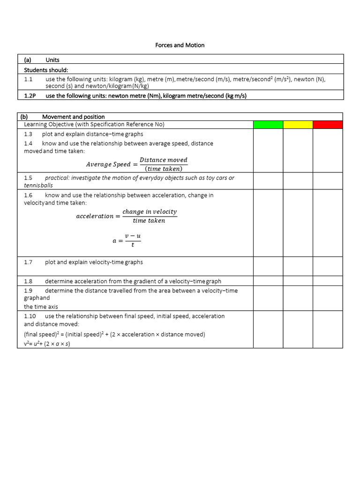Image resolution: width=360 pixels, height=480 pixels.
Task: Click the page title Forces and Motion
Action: coord(180,45)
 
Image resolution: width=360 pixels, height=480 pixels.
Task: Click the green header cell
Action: coord(268,124)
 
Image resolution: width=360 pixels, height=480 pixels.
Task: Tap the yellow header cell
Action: coord(298,124)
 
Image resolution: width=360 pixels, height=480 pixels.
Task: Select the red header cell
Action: coord(328,124)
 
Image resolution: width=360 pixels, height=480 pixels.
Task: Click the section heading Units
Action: coord(52,60)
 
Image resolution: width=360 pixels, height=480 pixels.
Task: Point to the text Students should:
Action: coord(46,70)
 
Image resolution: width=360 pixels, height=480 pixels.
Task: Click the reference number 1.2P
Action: coord(30,96)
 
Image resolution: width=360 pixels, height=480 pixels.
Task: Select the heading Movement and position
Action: coord(73,117)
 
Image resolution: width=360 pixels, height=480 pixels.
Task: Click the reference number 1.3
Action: coord(28,134)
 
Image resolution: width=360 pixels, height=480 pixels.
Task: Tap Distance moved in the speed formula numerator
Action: coord(163,160)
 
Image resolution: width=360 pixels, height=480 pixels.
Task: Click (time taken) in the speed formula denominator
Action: coord(163,169)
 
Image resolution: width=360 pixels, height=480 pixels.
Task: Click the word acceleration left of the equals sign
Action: coord(95,216)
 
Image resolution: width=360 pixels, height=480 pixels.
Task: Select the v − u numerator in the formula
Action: coord(133,235)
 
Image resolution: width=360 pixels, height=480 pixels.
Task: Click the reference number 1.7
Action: coord(28,262)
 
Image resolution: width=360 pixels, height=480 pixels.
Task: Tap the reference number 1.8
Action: coord(28,281)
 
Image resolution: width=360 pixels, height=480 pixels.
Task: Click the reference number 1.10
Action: coord(30,316)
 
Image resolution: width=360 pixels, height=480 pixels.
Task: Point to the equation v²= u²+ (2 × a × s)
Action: coord(47,344)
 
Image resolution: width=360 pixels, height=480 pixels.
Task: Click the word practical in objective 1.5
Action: coord(57,178)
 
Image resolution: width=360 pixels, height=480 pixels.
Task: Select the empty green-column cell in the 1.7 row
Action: coord(268,266)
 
